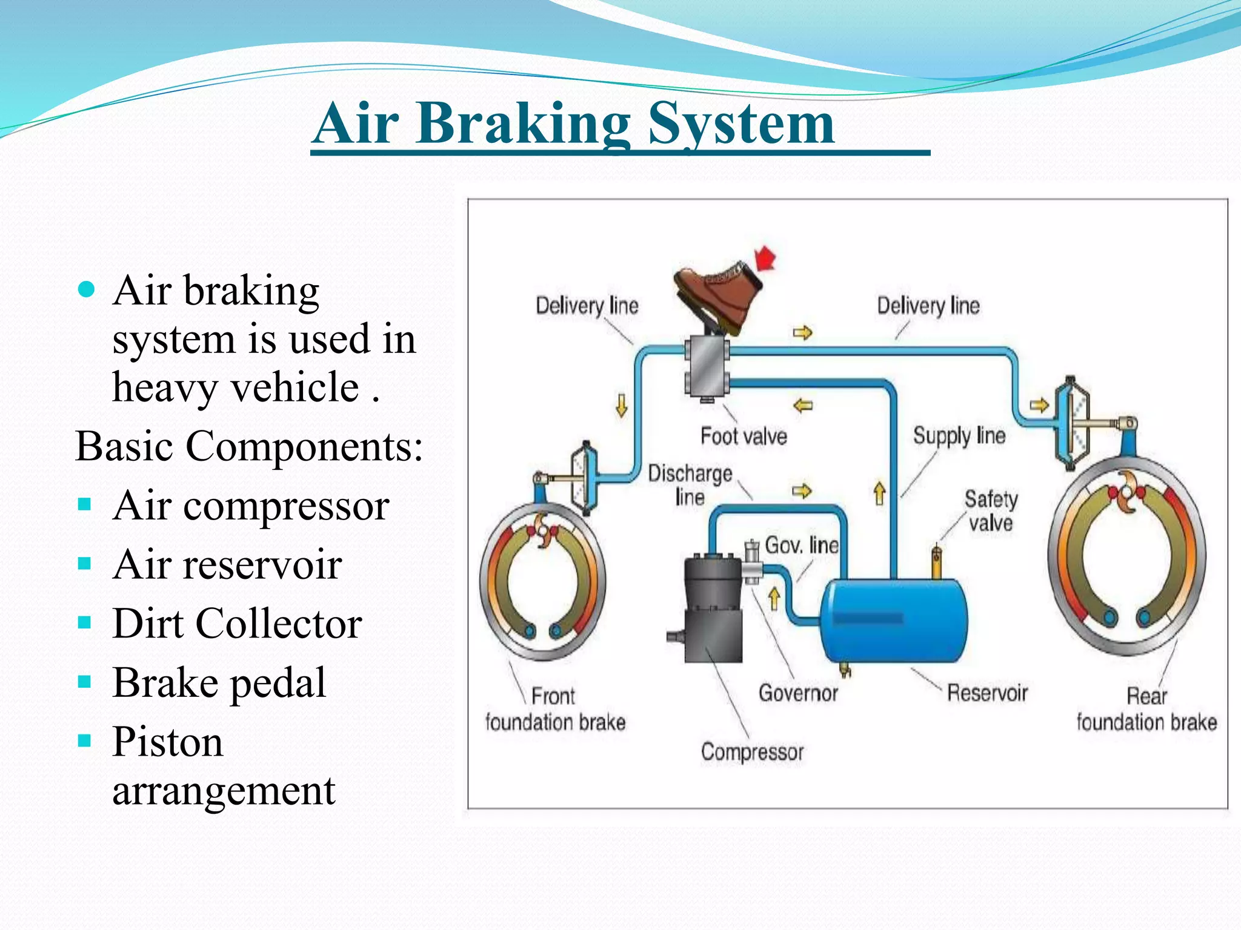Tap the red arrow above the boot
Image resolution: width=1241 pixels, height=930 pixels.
(x=766, y=259)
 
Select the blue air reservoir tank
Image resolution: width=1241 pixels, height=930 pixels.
(x=894, y=621)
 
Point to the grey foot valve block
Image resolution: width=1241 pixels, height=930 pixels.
(x=707, y=366)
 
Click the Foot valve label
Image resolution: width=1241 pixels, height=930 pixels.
(x=744, y=436)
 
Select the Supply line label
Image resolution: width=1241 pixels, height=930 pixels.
(x=959, y=435)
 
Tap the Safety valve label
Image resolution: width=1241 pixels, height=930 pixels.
(x=991, y=510)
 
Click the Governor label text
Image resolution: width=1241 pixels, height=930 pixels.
(x=798, y=693)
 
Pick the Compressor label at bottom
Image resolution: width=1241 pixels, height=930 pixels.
(x=752, y=752)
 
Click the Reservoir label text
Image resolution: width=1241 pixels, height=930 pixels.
(x=987, y=693)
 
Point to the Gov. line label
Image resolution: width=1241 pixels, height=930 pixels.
(x=801, y=545)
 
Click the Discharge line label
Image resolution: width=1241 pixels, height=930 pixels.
(x=690, y=484)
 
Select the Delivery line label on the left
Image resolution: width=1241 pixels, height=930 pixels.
(x=587, y=305)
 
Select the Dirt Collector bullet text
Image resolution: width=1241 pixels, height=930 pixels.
(x=237, y=623)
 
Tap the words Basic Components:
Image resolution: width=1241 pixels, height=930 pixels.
(x=248, y=446)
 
